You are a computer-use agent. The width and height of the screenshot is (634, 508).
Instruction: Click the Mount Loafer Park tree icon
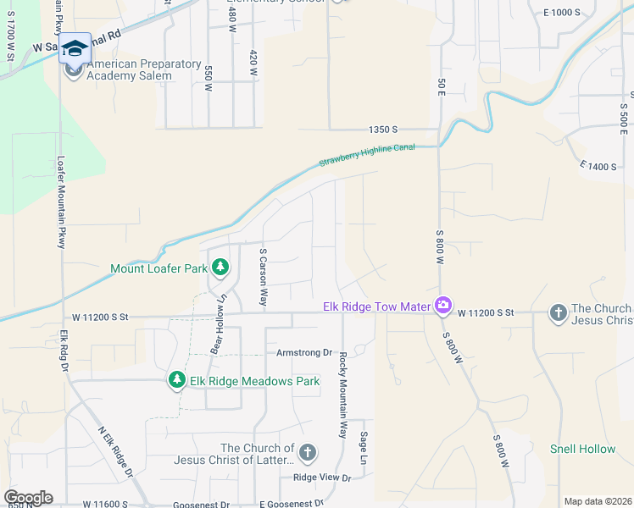[x=220, y=268]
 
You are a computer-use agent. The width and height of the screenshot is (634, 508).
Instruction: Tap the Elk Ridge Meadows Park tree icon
[x=177, y=381]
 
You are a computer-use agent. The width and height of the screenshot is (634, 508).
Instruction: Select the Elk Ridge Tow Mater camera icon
[x=442, y=306]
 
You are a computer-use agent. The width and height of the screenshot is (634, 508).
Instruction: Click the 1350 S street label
[x=383, y=130]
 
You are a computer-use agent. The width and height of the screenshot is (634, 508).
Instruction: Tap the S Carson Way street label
[x=264, y=278]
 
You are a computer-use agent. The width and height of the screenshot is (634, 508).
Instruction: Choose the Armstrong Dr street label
[x=303, y=352]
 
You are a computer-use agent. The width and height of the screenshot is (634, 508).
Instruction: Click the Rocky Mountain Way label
[x=343, y=395]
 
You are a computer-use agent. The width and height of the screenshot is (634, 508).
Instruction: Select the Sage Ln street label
[x=364, y=446]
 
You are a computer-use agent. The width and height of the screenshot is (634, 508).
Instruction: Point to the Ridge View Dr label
[x=321, y=478]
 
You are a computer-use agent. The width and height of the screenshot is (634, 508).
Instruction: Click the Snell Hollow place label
[x=582, y=449]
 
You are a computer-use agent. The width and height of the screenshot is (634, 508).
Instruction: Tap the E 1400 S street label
[x=598, y=167]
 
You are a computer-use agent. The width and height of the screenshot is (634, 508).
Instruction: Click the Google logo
[x=28, y=498]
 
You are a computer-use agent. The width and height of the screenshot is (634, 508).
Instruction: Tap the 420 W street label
[x=253, y=63]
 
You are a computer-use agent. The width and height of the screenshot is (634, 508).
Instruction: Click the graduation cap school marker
[x=75, y=48]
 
